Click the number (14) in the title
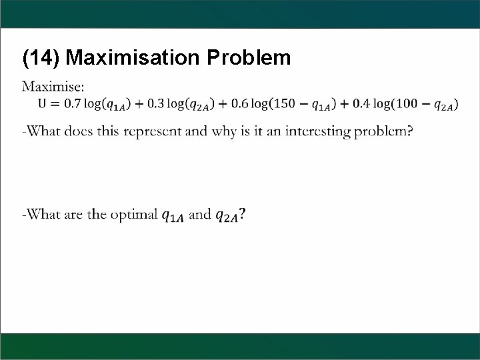pyautogui.click(x=41, y=59)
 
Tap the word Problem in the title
pyautogui.click(x=249, y=59)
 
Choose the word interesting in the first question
pyautogui.click(x=319, y=132)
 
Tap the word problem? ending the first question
pyautogui.click(x=384, y=132)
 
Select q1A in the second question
pyautogui.click(x=175, y=215)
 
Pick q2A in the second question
pyautogui.click(x=227, y=215)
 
